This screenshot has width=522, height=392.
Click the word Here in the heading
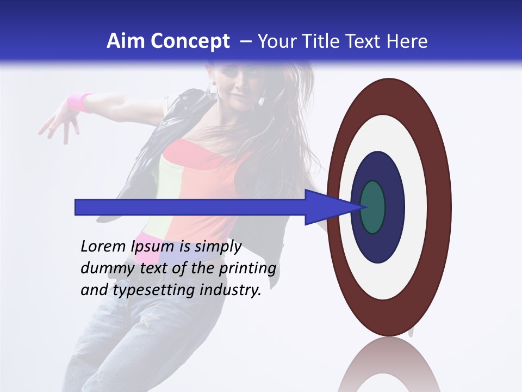click(x=407, y=41)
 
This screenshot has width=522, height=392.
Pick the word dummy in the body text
click(x=101, y=268)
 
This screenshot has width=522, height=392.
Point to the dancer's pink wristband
click(x=79, y=102)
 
